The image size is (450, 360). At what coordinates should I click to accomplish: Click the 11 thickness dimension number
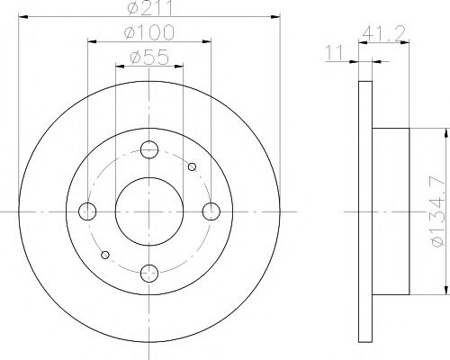[x=334, y=57]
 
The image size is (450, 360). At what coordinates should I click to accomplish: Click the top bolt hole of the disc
[x=149, y=149]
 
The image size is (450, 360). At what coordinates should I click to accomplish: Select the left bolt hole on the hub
[x=87, y=211]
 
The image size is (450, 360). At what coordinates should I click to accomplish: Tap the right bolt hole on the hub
[x=211, y=211]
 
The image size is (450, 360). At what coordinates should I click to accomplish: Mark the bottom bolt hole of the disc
[x=149, y=273]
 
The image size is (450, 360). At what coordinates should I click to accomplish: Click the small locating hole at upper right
[x=192, y=166]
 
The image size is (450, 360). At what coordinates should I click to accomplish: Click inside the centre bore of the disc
[x=149, y=211]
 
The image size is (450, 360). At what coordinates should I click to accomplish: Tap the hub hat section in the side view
[x=391, y=211]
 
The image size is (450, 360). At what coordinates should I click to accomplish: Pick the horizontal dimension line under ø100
[x=149, y=43]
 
